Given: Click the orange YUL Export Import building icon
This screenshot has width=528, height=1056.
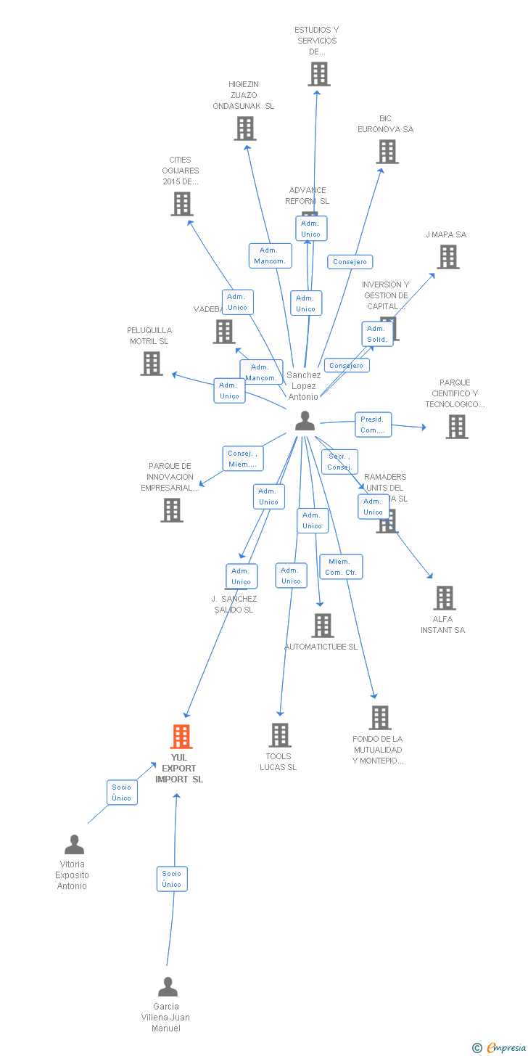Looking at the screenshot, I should point(181,736).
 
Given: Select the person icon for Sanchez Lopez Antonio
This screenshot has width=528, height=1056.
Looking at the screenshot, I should point(305,421).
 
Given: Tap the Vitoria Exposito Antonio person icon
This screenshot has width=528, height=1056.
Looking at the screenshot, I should point(74,845).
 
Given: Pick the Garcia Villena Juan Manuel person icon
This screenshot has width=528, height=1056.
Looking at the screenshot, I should point(168,987).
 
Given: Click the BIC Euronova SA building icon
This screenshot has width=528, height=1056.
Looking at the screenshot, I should point(387,152).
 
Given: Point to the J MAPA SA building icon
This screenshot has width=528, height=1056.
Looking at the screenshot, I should point(448,257).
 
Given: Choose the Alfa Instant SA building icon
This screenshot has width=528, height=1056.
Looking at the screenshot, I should point(445,598).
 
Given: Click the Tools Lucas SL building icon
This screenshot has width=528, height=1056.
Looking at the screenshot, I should point(280,735).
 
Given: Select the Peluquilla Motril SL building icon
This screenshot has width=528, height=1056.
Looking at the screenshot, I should point(152,364).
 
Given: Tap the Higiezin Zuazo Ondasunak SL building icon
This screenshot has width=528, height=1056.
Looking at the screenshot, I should point(245,128).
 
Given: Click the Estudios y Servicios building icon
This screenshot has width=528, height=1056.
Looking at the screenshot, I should point(318,74).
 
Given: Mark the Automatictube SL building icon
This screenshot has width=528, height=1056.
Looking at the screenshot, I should point(323,625).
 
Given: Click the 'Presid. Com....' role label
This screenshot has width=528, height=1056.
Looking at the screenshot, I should point(373,425).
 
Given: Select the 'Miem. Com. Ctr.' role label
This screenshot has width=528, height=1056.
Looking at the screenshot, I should point(341,567).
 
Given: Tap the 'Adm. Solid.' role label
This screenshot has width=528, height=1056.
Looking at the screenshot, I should point(377,334).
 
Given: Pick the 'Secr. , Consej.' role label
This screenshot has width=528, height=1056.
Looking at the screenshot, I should point(339,462).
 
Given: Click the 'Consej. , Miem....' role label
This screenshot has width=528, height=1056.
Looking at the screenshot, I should point(242,459).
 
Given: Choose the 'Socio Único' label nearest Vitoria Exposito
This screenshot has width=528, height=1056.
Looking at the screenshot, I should point(122,793).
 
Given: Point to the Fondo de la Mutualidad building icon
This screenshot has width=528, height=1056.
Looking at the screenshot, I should point(380,718).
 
